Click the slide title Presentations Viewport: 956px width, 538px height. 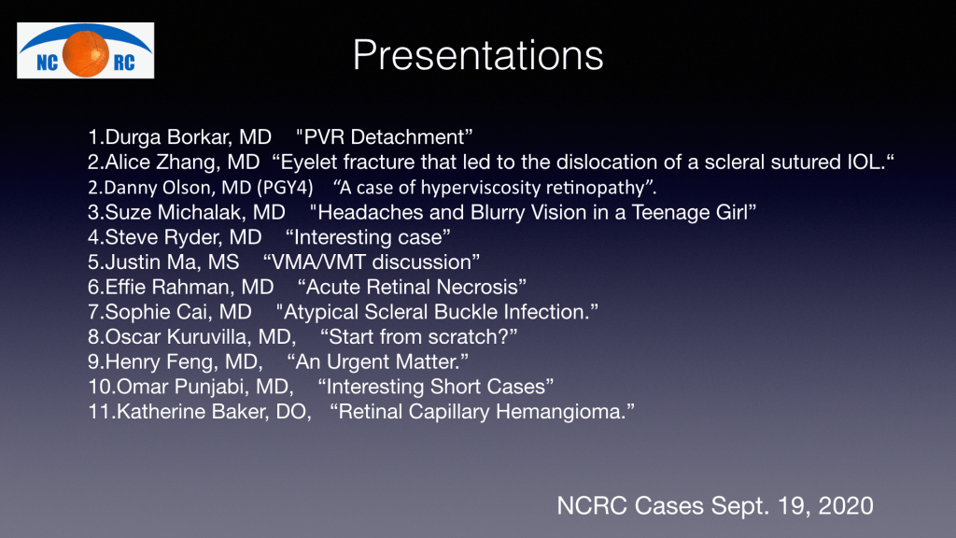point(478,56)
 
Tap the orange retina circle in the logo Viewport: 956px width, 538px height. point(85,53)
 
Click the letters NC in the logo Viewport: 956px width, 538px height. point(47,63)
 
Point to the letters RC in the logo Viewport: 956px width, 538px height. point(124,63)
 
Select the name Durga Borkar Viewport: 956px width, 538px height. point(168,136)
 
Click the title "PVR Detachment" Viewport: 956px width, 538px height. point(384,136)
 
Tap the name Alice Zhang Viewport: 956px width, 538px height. point(162,162)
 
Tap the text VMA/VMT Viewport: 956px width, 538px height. point(319,262)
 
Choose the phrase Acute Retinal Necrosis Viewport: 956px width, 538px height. point(412,287)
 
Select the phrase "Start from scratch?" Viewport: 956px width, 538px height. point(419,336)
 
